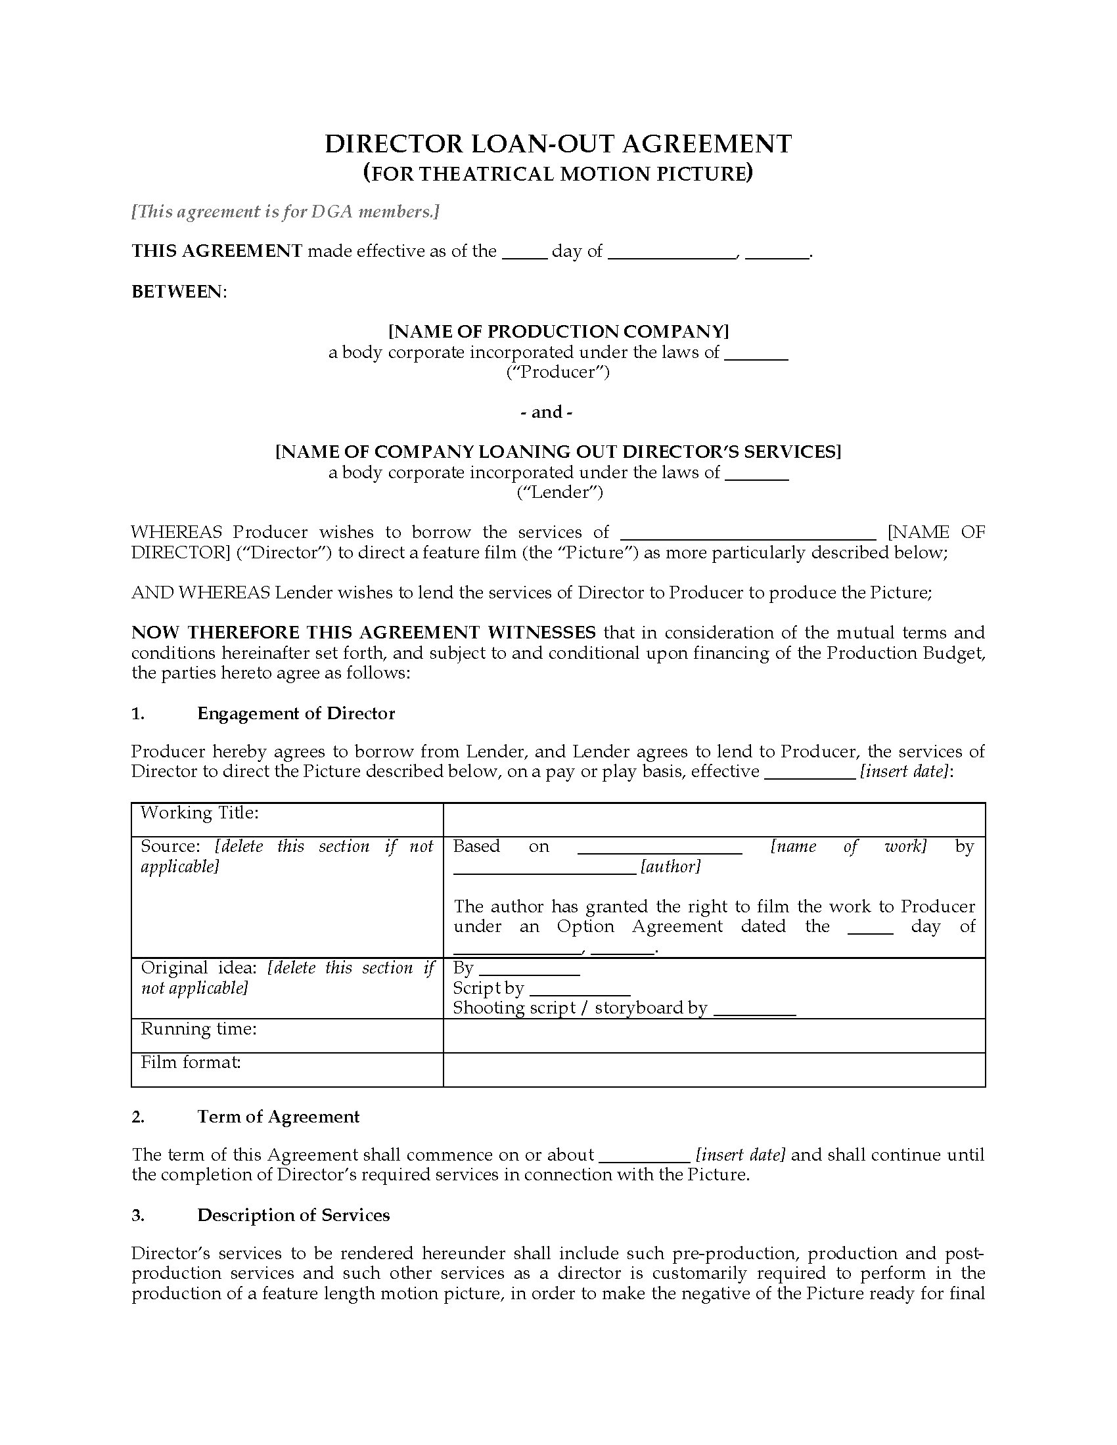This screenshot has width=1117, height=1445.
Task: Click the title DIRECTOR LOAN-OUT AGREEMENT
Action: (x=558, y=144)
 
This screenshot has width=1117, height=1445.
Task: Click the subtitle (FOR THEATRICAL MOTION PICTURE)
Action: (x=558, y=173)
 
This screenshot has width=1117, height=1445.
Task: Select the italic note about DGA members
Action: (x=285, y=211)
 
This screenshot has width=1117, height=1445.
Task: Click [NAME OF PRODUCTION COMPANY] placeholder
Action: (x=558, y=331)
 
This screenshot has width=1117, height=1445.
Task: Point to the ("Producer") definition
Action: (x=558, y=372)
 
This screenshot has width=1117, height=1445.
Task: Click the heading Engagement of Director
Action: (x=296, y=713)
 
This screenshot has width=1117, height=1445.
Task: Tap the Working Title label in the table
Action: (x=199, y=812)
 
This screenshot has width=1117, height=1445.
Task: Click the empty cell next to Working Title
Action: (x=714, y=820)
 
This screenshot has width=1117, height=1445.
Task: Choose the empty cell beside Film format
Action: (x=714, y=1069)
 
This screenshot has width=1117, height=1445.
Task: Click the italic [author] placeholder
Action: (x=670, y=867)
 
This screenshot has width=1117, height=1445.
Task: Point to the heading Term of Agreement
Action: (x=278, y=1117)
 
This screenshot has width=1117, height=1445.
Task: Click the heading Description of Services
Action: (x=293, y=1215)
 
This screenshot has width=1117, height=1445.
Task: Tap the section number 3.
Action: (x=137, y=1215)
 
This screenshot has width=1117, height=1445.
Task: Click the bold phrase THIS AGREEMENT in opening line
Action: (x=217, y=251)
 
